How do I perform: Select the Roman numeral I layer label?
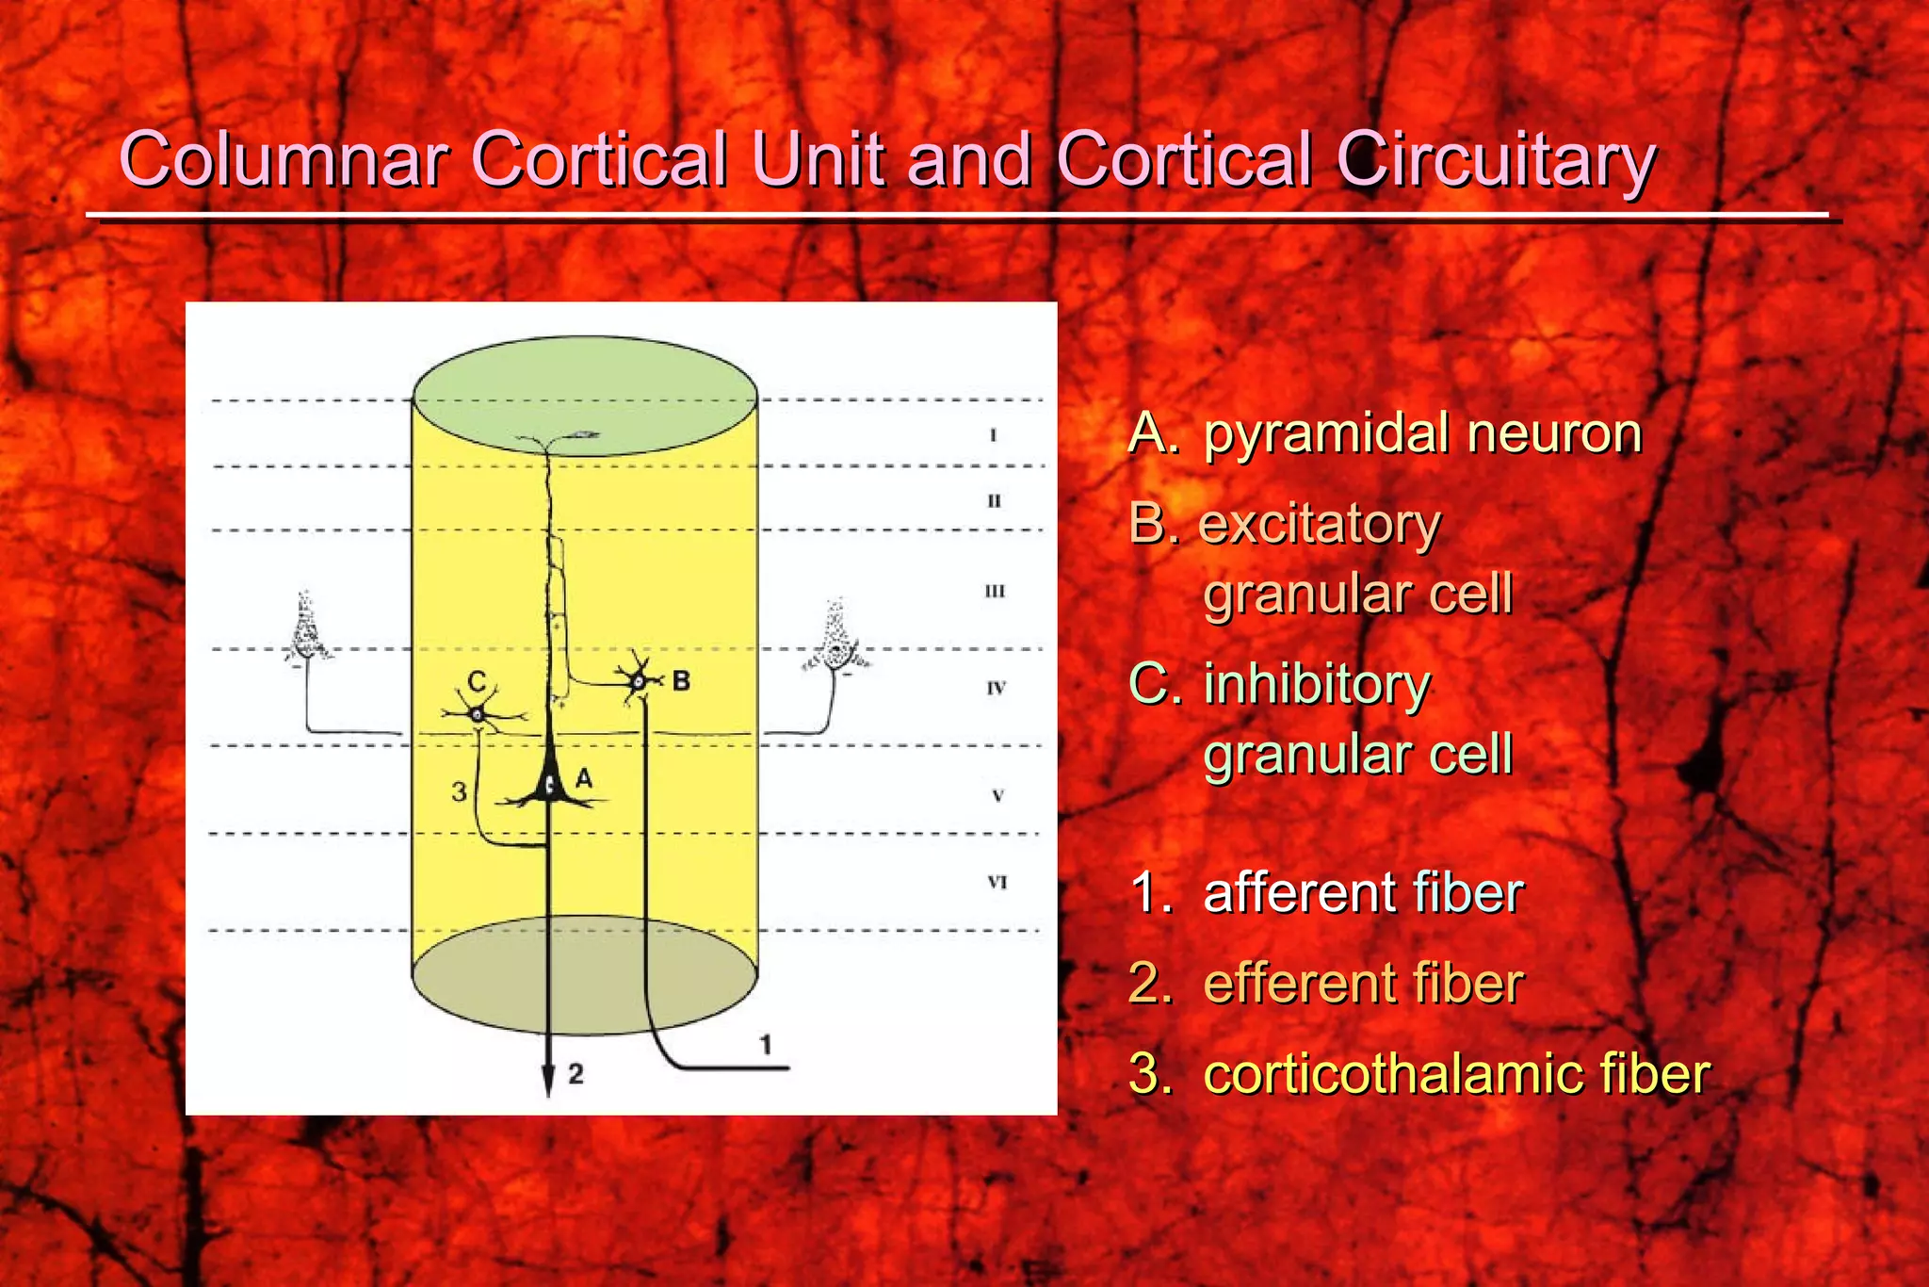point(993,435)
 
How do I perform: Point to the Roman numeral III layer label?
point(995,592)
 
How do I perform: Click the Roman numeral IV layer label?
point(996,689)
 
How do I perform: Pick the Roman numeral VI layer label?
point(997,883)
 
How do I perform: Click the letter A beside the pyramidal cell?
point(583,778)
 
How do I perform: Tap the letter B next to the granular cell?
point(681,680)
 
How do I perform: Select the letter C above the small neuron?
point(477,681)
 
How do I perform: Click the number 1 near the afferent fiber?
point(766,1044)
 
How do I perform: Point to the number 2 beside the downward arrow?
point(575,1074)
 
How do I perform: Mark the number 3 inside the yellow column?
point(459,791)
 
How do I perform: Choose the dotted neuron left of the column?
point(306,628)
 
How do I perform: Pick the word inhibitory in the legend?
point(1317,685)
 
